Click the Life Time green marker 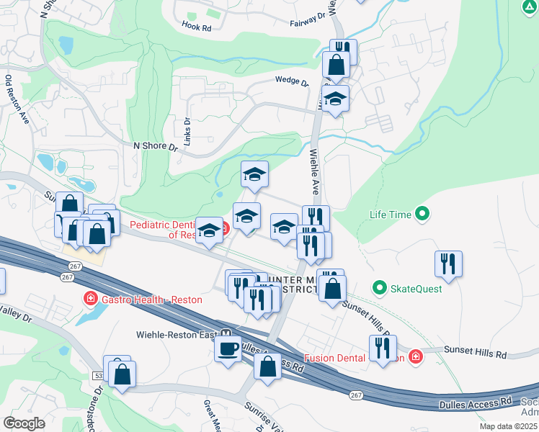point(423,215)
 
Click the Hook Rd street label point(196,28)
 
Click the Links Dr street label point(186,132)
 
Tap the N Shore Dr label point(155,145)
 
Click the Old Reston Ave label point(18,100)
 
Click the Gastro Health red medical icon point(92,297)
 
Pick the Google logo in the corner point(24,423)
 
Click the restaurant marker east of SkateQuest point(448,264)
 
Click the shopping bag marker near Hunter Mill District point(332,289)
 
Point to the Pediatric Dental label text point(163,225)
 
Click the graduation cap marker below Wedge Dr point(335,99)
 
